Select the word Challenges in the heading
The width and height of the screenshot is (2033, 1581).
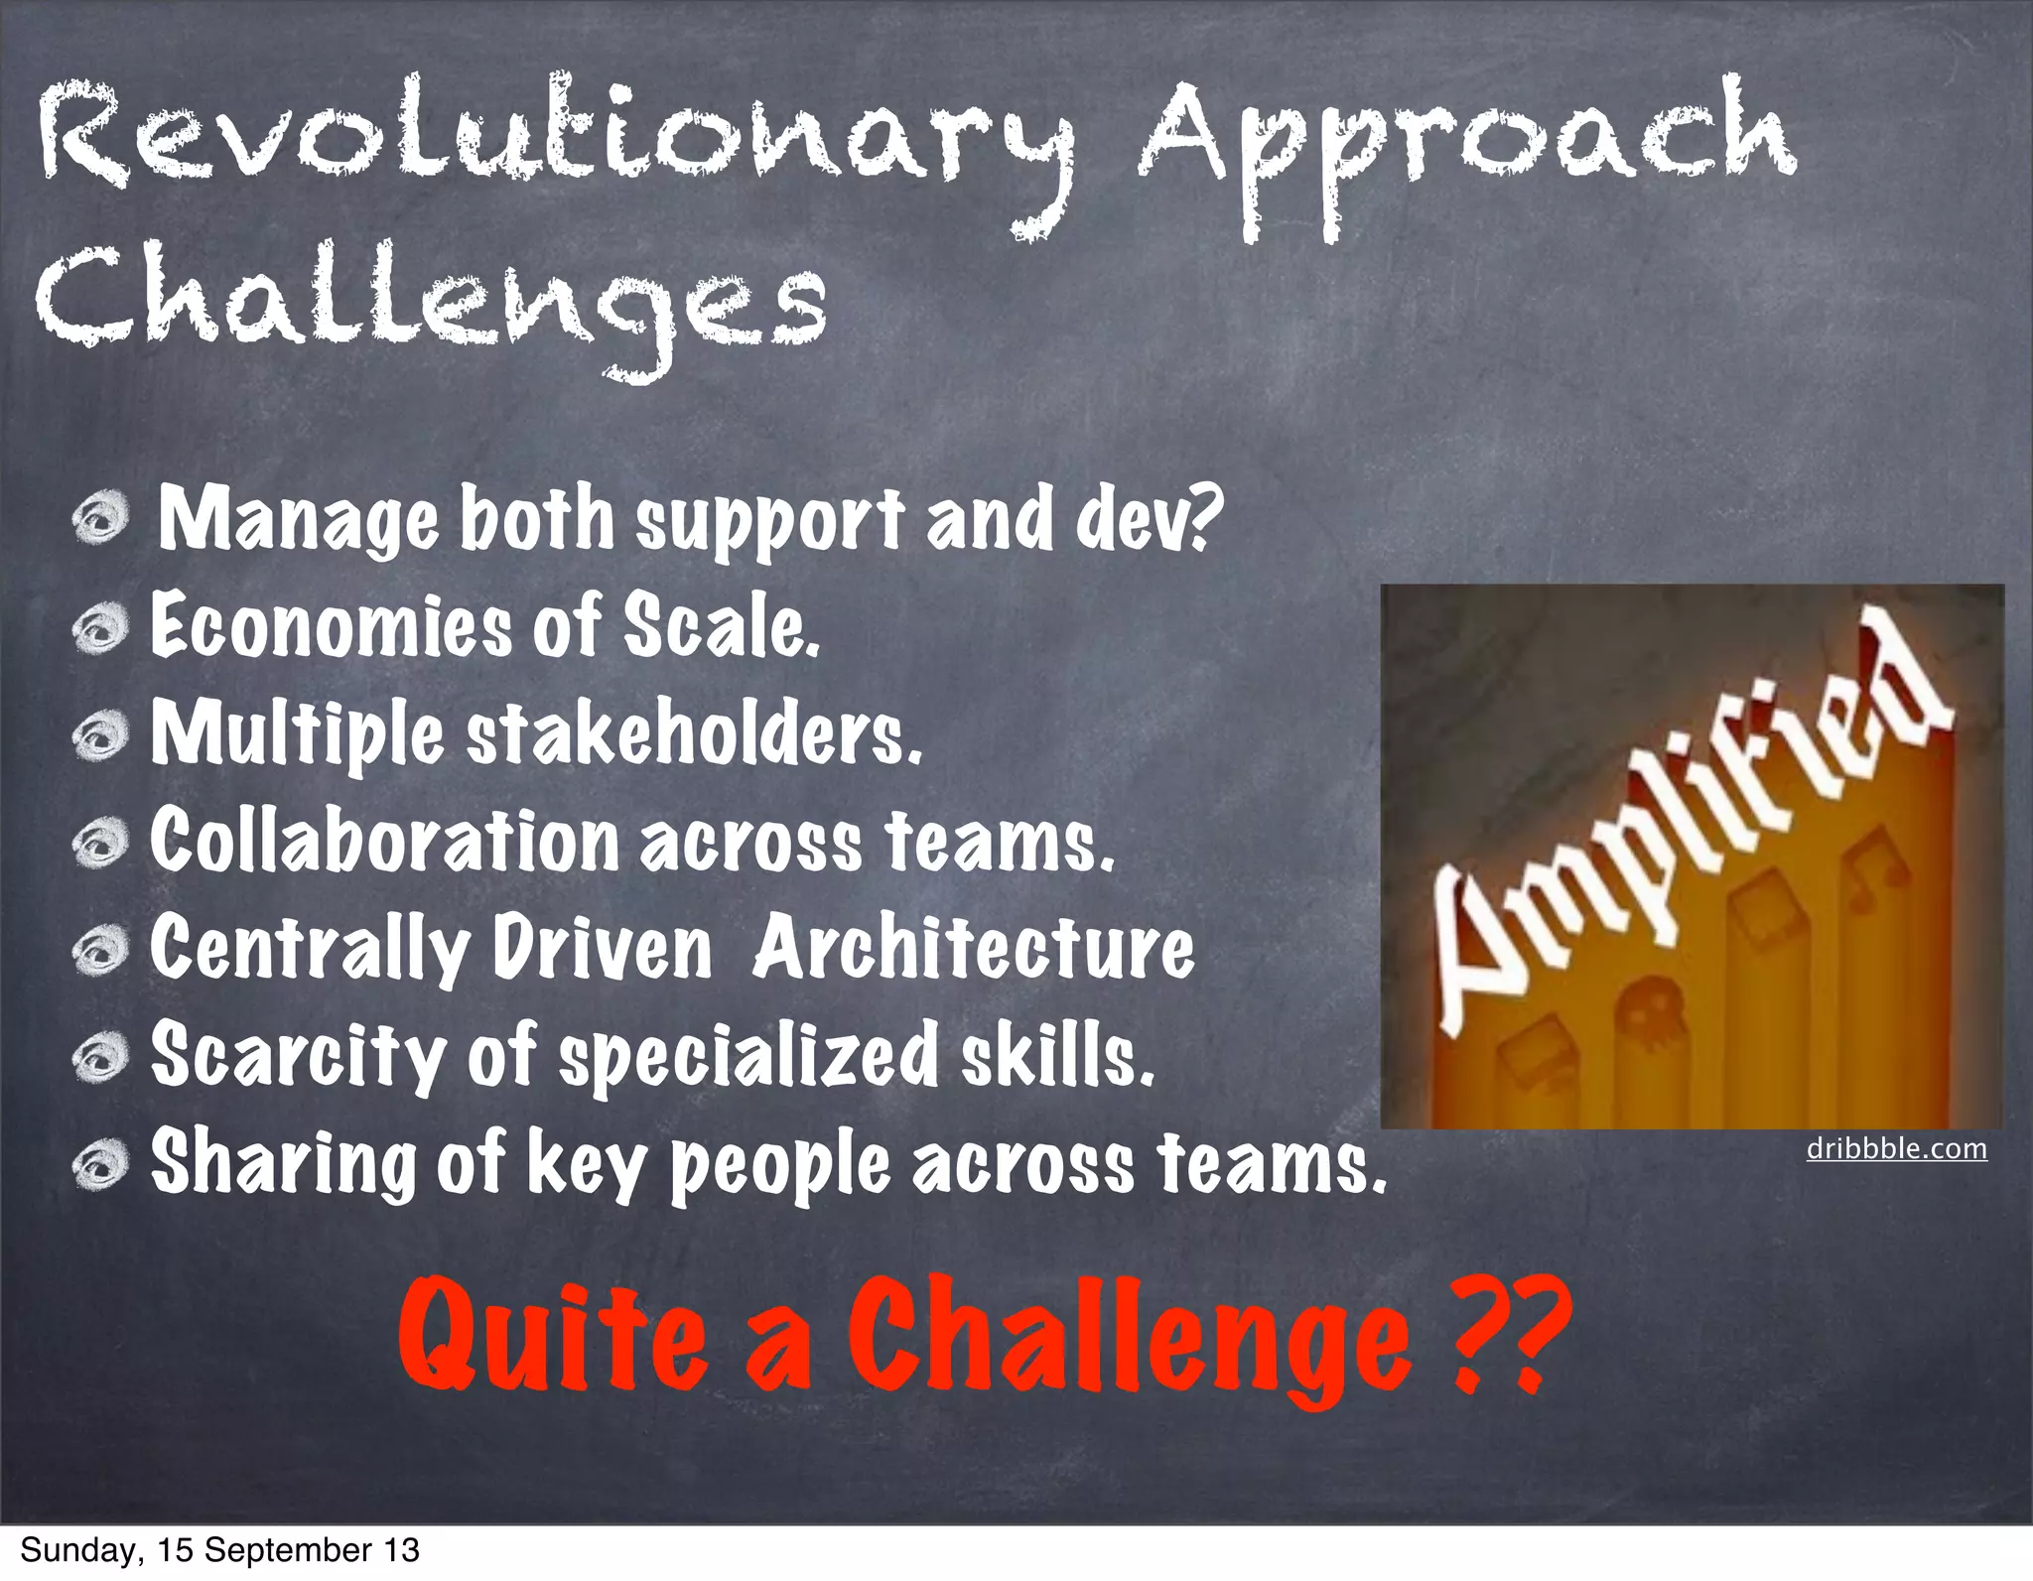(x=432, y=303)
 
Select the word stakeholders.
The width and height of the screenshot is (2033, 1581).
(x=695, y=734)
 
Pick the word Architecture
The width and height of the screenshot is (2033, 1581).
(x=973, y=948)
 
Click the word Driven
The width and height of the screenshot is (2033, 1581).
(x=603, y=948)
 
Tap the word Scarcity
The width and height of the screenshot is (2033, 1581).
(x=298, y=1057)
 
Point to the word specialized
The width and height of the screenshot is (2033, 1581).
(x=749, y=1057)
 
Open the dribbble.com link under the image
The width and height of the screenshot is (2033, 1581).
(x=1896, y=1149)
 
